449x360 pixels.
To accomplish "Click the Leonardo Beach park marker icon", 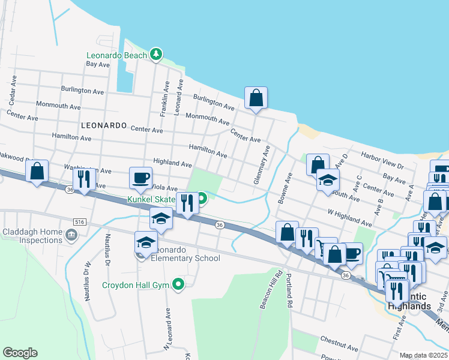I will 156,55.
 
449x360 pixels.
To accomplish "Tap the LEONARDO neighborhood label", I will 103,126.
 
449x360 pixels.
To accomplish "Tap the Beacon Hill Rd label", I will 271,290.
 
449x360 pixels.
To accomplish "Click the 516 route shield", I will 79,221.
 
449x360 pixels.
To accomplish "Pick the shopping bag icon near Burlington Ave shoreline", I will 256,97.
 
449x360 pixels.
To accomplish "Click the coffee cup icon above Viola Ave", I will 141,178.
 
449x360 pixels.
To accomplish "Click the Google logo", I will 20,353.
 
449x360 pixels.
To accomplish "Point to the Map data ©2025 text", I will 424,355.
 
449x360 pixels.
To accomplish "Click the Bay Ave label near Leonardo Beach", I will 98,64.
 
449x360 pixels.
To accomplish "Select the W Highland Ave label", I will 349,217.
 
